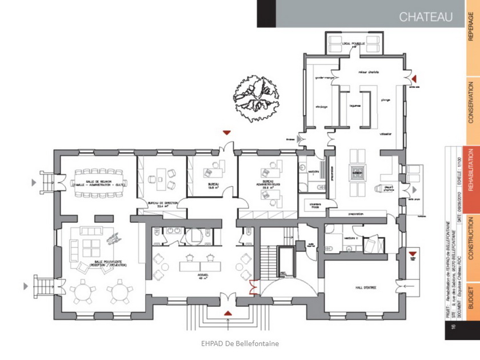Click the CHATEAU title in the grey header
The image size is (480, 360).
point(425,17)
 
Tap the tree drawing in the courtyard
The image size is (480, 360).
point(256,97)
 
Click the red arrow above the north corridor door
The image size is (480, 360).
point(227,131)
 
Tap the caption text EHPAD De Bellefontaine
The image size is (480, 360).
point(239,343)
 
